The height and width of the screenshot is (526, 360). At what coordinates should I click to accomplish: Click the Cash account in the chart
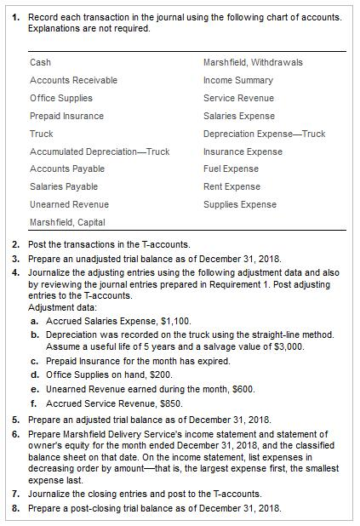click(x=40, y=62)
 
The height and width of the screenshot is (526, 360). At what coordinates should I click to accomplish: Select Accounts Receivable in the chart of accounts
click(x=73, y=80)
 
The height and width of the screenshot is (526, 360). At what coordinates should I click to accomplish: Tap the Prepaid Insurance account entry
click(x=66, y=116)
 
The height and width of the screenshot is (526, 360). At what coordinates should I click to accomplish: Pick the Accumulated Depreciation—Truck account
click(x=100, y=152)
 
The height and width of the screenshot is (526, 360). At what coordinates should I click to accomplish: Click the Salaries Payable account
click(x=64, y=186)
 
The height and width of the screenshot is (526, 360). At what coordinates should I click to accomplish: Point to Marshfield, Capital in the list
click(x=67, y=222)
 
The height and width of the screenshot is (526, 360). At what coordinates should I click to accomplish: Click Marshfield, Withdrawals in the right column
click(x=253, y=62)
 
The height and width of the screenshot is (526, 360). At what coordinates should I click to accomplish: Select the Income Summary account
click(x=238, y=80)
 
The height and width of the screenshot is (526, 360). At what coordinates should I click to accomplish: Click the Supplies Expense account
click(x=240, y=204)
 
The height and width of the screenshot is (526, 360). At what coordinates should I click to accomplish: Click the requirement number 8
click(x=15, y=508)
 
